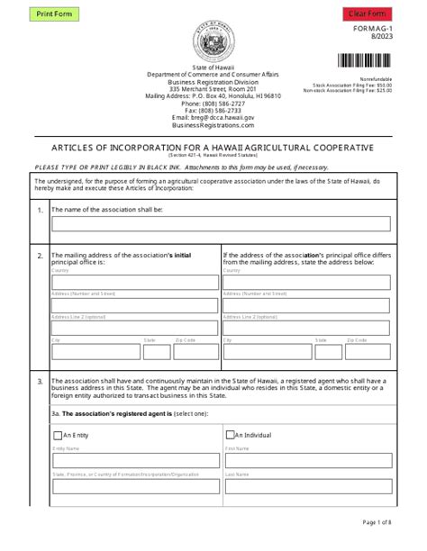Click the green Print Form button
[x=55, y=14]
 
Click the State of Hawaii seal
[x=213, y=42]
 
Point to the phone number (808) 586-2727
[x=213, y=103]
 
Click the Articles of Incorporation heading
[x=213, y=148]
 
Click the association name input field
[x=221, y=224]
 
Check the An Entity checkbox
[x=57, y=433]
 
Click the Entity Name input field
[x=134, y=460]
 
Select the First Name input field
[x=307, y=460]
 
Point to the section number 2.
[x=40, y=257]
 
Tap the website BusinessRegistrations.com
[x=213, y=124]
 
